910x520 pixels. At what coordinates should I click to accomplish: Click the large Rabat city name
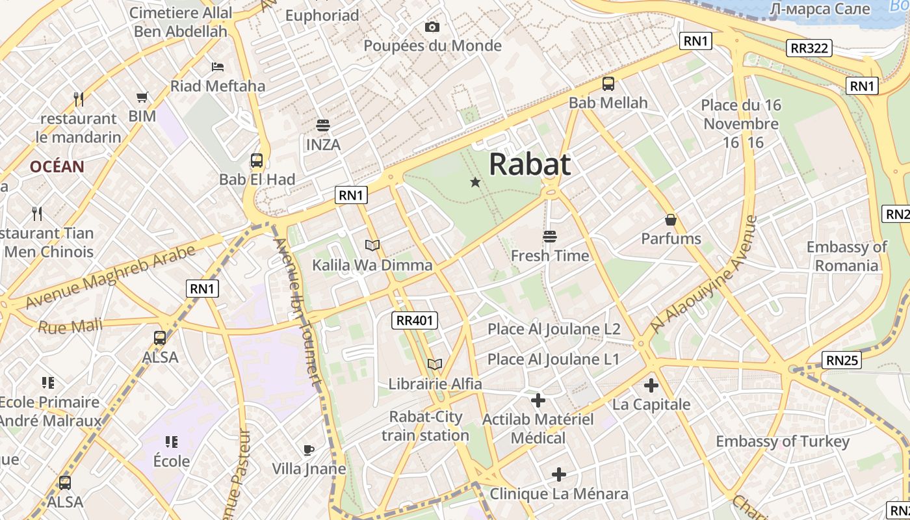coord(530,164)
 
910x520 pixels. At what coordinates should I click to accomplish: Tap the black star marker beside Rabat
coord(475,183)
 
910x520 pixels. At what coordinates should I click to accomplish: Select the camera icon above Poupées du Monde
coord(432,27)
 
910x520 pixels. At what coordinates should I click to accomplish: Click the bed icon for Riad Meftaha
coord(218,67)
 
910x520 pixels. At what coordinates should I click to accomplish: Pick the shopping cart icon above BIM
coord(142,97)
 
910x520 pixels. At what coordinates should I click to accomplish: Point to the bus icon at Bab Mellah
coord(608,84)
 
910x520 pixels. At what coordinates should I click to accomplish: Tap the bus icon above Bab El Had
coord(257,161)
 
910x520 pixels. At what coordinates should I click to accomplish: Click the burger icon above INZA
coord(323,125)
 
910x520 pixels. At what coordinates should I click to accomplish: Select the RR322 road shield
coord(809,47)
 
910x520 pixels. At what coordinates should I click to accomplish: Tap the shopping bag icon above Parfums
coord(671,220)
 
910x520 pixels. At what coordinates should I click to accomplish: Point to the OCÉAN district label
coord(57,166)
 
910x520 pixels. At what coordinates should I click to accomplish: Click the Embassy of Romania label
coord(846,256)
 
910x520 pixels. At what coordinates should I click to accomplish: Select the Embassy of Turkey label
coord(783,442)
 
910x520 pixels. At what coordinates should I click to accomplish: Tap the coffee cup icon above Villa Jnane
coord(309,450)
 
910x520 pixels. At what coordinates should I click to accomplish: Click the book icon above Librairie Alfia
coord(435,365)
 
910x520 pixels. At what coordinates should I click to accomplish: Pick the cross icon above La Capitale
coord(651,385)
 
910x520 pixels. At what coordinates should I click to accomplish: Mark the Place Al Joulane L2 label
coord(554,329)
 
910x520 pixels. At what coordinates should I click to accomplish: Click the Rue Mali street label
coord(70,326)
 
